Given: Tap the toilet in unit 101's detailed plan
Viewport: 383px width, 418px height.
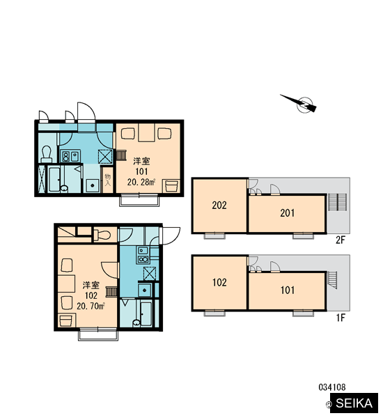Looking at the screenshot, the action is tap(47, 154).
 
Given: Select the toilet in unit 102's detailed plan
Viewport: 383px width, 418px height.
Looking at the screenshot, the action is tap(102, 235).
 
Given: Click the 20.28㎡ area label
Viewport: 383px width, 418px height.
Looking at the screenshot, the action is tap(141, 183).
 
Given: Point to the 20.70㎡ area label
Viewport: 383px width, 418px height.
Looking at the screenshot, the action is tap(91, 306).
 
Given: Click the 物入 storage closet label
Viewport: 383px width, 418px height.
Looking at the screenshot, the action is tap(107, 180).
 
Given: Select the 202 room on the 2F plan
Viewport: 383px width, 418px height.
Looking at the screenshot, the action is tap(219, 206).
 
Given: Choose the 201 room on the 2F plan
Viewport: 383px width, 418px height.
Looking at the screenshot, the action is tap(288, 214).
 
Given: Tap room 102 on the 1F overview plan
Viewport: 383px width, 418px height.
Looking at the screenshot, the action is tap(219, 283).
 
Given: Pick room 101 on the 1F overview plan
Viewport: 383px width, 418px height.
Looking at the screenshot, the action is tap(288, 291).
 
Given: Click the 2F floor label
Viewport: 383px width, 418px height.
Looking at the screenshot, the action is tap(341, 240).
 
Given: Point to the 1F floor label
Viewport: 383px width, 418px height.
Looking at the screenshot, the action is tap(341, 318).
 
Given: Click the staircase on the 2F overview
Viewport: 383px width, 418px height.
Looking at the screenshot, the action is tap(337, 202).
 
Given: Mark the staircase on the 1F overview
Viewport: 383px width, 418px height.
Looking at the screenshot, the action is tap(332, 280).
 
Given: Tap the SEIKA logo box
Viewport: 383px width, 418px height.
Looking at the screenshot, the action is tap(354, 403).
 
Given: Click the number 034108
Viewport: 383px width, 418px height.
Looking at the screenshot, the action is tap(332, 387).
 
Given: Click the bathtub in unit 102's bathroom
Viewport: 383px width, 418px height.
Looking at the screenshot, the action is tap(146, 313).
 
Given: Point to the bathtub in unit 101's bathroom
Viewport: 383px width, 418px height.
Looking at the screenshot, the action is tap(54, 179).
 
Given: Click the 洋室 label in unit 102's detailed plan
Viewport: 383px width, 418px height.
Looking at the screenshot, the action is tap(91, 285).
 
